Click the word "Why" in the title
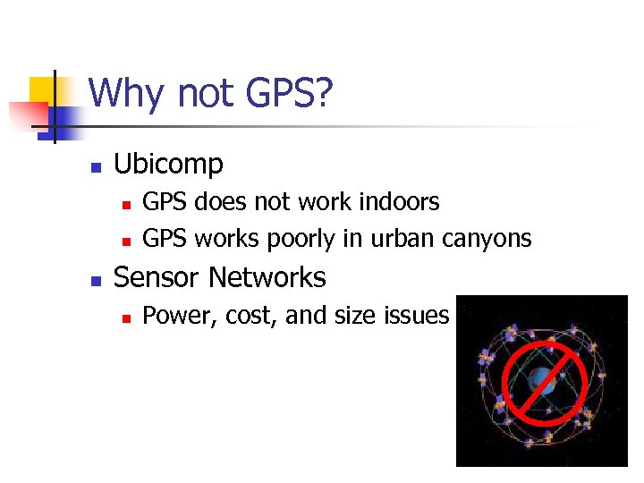click(x=122, y=94)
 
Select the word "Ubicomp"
click(x=168, y=165)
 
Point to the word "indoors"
click(x=398, y=202)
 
